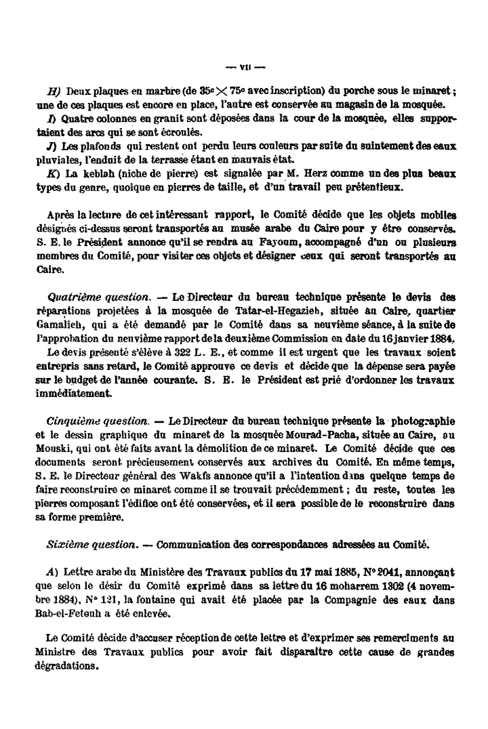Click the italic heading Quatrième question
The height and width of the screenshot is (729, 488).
click(98, 297)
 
